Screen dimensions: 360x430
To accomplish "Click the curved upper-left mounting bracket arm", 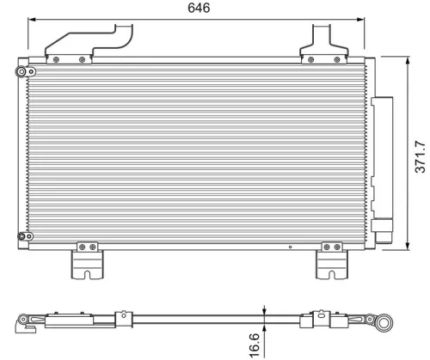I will point(90,42).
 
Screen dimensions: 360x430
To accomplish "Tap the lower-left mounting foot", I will point(87,261).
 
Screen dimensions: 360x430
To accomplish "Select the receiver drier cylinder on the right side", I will point(384,168).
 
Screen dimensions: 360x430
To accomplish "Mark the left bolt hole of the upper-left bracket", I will point(56,59).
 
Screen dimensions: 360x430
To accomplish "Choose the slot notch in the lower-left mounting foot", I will point(87,274).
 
